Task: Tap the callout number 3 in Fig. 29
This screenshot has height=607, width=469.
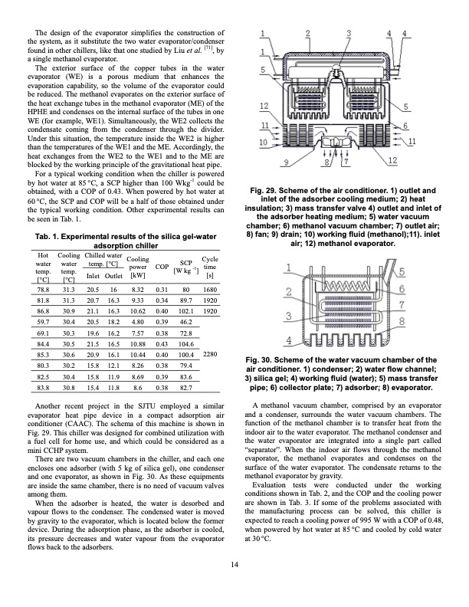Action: tap(349, 33)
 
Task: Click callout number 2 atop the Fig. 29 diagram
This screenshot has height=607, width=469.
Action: tap(307, 33)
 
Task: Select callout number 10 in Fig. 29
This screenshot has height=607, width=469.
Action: tap(263, 143)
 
